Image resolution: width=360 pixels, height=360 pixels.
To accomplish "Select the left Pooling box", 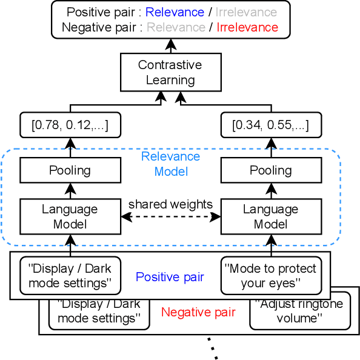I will (x=70, y=171).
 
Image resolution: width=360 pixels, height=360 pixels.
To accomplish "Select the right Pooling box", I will (x=270, y=171).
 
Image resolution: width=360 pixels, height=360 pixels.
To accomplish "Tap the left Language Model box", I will (x=70, y=216).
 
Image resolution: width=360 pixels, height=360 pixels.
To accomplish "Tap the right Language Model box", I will (x=270, y=216).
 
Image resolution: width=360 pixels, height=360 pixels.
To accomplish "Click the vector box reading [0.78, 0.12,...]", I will (x=70, y=126).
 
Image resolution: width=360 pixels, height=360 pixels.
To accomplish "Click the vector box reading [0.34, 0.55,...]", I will (x=270, y=126).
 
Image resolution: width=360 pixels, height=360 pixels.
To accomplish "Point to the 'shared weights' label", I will (x=170, y=204).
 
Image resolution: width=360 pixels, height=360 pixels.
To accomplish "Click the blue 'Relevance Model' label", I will (x=170, y=164).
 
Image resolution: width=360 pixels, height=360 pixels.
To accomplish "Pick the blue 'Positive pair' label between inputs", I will (x=170, y=277).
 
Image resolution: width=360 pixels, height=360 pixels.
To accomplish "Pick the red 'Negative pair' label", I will (x=198, y=313).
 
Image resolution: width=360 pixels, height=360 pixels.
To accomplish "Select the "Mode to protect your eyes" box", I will (x=270, y=276).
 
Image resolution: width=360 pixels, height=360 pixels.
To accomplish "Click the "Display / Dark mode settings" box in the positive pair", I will (x=70, y=276).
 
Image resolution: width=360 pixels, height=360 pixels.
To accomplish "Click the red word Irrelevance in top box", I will (x=247, y=27).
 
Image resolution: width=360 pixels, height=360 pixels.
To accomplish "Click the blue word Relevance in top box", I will (x=175, y=12).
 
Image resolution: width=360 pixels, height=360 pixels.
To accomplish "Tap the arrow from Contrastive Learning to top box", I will (x=170, y=45).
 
